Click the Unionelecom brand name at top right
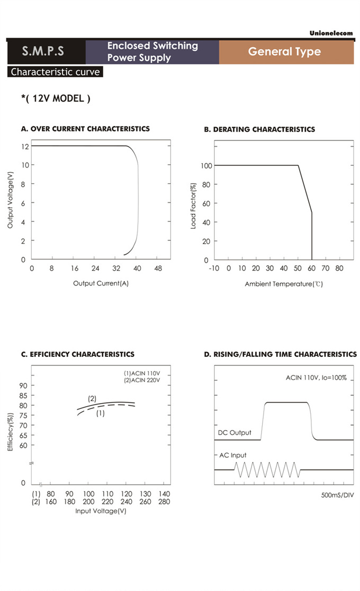(331, 33)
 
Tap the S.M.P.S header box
(43, 52)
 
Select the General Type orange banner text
(284, 52)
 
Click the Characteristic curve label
(56, 72)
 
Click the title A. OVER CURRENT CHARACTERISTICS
(85, 129)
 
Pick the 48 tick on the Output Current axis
(158, 268)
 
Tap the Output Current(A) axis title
(101, 283)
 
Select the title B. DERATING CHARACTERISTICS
(259, 129)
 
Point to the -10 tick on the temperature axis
(214, 268)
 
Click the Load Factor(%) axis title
(193, 206)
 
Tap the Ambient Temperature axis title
(284, 284)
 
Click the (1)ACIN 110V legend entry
(141, 374)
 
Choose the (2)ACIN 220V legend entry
(141, 380)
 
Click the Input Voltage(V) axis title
(101, 511)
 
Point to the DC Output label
(235, 433)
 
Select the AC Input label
(233, 455)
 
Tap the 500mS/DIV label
(337, 495)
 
